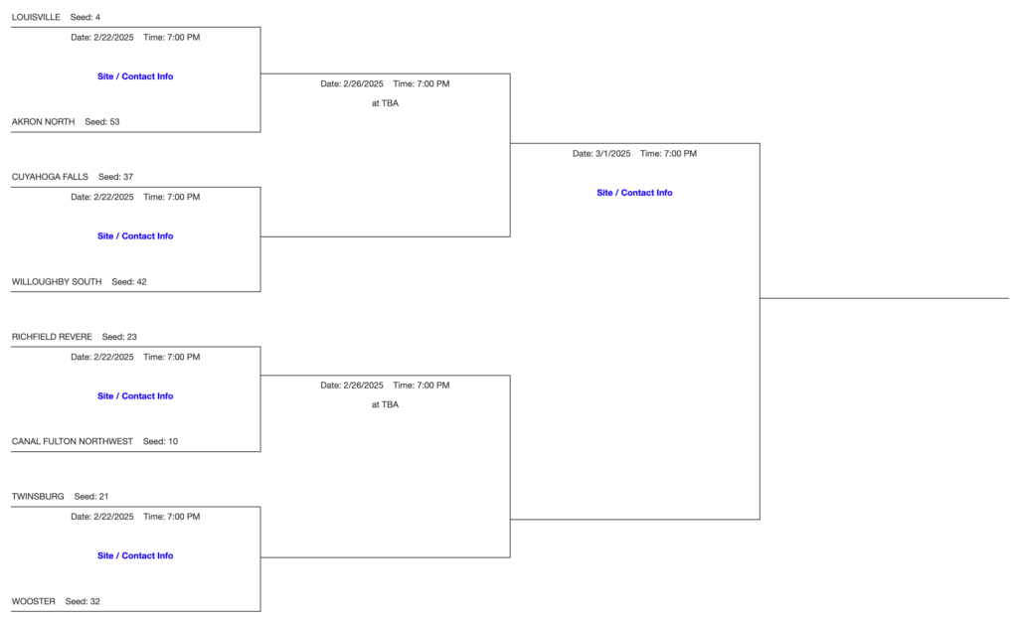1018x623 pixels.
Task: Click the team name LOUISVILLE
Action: click(x=36, y=18)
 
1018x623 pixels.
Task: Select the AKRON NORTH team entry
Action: click(x=43, y=122)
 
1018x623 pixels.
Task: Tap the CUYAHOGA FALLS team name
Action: click(x=50, y=177)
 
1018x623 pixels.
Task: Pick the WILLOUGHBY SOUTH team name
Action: click(x=57, y=282)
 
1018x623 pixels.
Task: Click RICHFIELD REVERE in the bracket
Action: click(x=52, y=337)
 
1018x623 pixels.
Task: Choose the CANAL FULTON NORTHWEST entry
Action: click(x=72, y=441)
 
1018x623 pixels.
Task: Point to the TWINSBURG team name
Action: click(x=38, y=496)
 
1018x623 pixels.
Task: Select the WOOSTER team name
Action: click(x=34, y=601)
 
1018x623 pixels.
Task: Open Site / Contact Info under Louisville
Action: click(x=135, y=77)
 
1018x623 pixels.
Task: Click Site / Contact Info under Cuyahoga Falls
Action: click(x=135, y=236)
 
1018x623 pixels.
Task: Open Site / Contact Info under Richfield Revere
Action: click(x=135, y=396)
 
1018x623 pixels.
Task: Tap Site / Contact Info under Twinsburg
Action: click(x=135, y=556)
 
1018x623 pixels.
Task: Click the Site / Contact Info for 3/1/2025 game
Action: click(x=634, y=193)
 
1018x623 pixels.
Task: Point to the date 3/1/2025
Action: click(x=601, y=154)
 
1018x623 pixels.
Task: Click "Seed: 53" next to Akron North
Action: click(x=102, y=122)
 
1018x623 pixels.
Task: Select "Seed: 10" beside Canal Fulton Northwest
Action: click(x=160, y=441)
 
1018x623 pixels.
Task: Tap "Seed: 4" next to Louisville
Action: click(x=85, y=18)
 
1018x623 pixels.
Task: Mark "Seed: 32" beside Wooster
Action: click(x=83, y=601)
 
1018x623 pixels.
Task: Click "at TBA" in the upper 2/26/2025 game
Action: click(x=385, y=103)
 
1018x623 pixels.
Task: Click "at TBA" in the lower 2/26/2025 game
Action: click(x=385, y=404)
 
